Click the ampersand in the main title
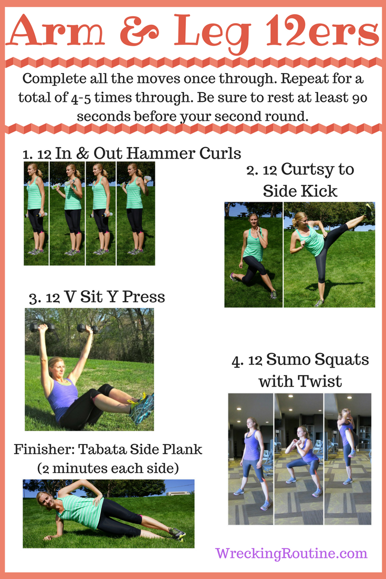(x=140, y=31)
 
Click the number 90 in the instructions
(x=358, y=98)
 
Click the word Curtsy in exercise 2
(x=304, y=170)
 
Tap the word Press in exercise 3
(x=143, y=297)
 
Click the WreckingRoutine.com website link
(x=291, y=553)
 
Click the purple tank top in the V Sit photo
(x=62, y=398)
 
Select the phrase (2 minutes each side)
(x=108, y=468)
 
